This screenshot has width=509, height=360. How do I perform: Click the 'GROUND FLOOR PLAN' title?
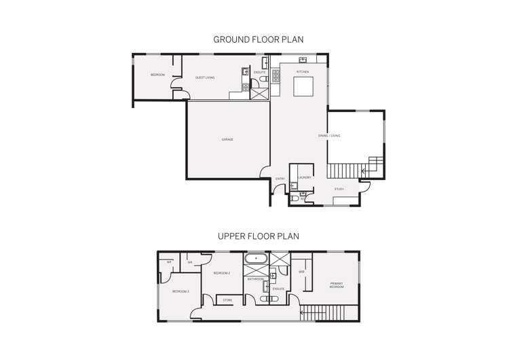click(x=258, y=39)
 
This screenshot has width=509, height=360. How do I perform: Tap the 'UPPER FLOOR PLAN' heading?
click(x=258, y=236)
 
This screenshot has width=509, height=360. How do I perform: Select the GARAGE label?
click(x=227, y=139)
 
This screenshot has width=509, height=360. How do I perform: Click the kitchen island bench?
click(x=303, y=87)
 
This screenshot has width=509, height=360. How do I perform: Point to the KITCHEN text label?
click(x=303, y=71)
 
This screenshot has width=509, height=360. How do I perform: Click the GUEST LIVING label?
click(x=205, y=77)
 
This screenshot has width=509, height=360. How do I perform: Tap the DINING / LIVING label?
click(x=329, y=136)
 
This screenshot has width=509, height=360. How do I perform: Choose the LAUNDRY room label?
click(x=304, y=177)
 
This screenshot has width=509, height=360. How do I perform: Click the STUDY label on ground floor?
click(x=339, y=189)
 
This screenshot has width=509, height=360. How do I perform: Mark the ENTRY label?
click(x=280, y=179)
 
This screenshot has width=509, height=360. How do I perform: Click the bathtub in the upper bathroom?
click(x=256, y=258)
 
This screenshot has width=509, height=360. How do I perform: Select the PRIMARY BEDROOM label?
click(x=337, y=285)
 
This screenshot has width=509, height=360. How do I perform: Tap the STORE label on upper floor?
click(x=227, y=300)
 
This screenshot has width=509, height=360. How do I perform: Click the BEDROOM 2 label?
click(x=222, y=273)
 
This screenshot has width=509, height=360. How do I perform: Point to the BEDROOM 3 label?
click(x=180, y=291)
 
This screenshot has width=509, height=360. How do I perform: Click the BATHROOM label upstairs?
click(x=255, y=279)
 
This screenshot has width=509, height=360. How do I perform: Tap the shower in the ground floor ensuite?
click(x=259, y=91)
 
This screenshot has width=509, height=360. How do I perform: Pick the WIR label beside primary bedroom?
click(x=301, y=272)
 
